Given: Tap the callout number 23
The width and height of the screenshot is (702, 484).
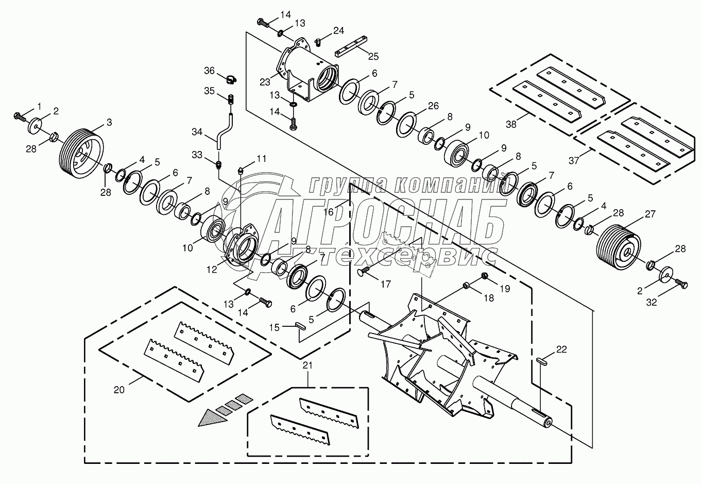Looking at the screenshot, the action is pos(265,81).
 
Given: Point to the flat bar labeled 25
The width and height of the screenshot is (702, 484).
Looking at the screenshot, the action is pos(352,45).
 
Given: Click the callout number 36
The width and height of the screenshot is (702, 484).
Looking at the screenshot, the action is pos(209,71).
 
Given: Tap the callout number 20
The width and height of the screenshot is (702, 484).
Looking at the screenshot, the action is pos(119,390).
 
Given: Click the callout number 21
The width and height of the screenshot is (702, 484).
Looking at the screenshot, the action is pos(307,366).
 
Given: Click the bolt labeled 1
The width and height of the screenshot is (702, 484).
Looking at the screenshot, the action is pos(20,115).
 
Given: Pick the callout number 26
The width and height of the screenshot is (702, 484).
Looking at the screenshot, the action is pos(433,106).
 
